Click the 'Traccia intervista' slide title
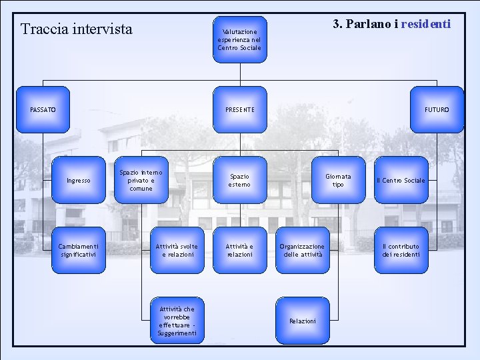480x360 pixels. pyautogui.click(x=77, y=29)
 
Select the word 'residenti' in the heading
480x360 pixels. pyautogui.click(x=426, y=24)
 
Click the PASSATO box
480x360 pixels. pyautogui.click(x=43, y=109)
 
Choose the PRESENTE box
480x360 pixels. pyautogui.click(x=240, y=109)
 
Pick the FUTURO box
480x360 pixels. pyautogui.click(x=437, y=109)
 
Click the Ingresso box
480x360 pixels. pyautogui.click(x=79, y=180)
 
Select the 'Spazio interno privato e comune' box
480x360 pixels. pyautogui.click(x=141, y=180)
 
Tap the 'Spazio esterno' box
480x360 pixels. pyautogui.click(x=239, y=180)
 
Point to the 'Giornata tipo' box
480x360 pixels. pyautogui.click(x=338, y=180)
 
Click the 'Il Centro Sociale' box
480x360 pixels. pyautogui.click(x=401, y=180)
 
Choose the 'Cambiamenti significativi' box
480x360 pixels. pyautogui.click(x=79, y=250)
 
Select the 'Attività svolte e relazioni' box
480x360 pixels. pyautogui.click(x=177, y=250)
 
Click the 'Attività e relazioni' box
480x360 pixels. pyautogui.click(x=239, y=250)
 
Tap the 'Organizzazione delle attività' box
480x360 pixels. pyautogui.click(x=302, y=250)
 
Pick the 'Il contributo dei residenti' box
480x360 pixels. pyautogui.click(x=401, y=250)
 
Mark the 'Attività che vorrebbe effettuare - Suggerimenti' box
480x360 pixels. pyautogui.click(x=177, y=321)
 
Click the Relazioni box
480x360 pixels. pyautogui.click(x=302, y=321)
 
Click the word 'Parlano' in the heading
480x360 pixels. pyautogui.click(x=369, y=24)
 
